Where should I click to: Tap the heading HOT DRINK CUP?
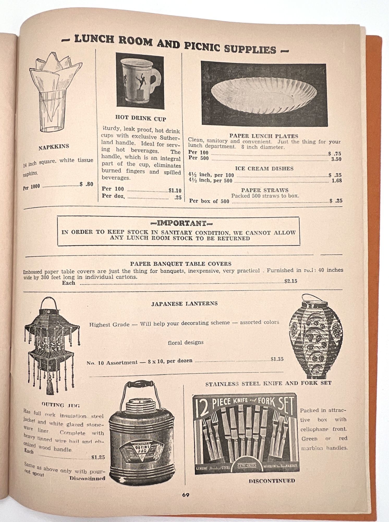[x=141, y=118]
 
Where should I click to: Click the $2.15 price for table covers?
[x=291, y=281]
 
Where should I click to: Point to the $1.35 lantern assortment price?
[x=277, y=359]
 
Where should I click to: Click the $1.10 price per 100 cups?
[x=175, y=191]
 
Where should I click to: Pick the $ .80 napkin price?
[x=86, y=184]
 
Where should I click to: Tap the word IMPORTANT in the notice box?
[x=179, y=223]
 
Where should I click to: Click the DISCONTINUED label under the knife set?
[x=272, y=481]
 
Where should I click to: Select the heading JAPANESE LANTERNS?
[x=184, y=304]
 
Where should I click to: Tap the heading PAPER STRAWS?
[x=264, y=190]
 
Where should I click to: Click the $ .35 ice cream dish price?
[x=335, y=175]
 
